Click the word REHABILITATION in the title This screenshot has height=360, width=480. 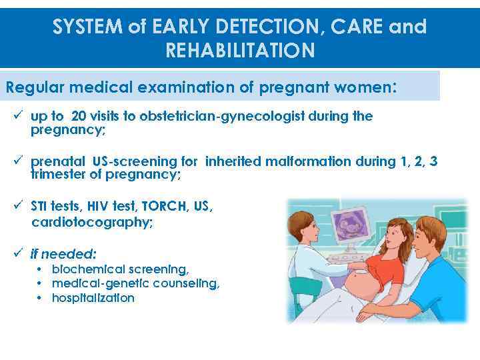tap(239, 50)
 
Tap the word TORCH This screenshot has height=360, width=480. tap(164, 207)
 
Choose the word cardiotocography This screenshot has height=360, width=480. tap(92, 223)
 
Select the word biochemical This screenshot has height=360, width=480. tap(87, 269)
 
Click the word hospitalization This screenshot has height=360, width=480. tap(93, 298)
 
